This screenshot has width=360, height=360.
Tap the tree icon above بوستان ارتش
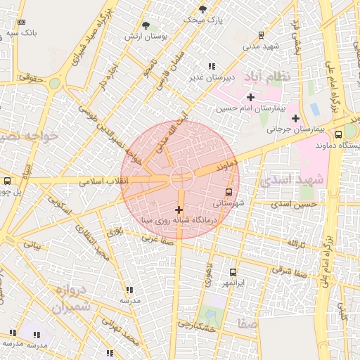tap(146, 25)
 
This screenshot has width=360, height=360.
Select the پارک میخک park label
tap(202, 20)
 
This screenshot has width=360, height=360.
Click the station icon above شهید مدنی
tap(262, 34)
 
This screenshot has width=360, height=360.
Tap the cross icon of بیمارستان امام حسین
tap(250, 96)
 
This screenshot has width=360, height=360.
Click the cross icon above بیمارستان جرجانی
tap(295, 118)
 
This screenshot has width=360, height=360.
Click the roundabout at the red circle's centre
tap(180, 179)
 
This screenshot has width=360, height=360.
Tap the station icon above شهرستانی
tap(229, 192)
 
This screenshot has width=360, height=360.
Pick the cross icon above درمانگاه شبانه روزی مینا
tap(179, 209)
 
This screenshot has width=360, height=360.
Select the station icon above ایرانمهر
tap(233, 272)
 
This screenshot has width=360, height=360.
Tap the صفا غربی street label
tap(158, 238)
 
